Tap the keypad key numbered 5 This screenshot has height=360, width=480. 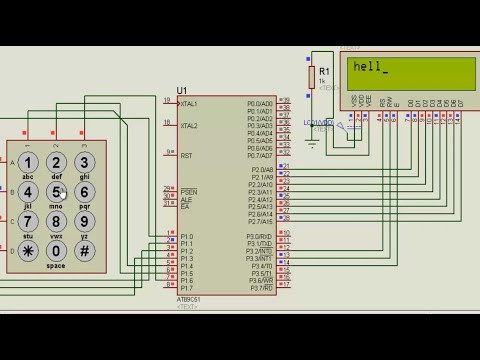point(57,191)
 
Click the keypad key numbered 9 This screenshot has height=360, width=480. point(85,221)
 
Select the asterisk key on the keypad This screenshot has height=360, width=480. point(28,250)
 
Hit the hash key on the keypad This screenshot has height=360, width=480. point(85,250)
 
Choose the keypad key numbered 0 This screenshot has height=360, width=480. point(57,250)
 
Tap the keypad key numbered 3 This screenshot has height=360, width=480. point(85,162)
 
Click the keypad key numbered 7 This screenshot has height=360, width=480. point(28,221)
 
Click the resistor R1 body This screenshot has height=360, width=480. point(311,76)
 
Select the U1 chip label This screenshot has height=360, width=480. point(182,91)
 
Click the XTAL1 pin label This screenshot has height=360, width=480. point(189,103)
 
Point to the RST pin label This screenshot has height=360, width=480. point(186,156)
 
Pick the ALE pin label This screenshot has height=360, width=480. point(186,199)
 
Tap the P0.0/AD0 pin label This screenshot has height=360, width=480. point(260,103)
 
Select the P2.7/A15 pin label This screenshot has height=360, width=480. point(260,221)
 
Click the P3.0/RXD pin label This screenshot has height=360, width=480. point(260,236)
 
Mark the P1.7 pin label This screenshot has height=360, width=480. point(186,288)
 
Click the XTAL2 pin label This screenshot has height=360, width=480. point(189,126)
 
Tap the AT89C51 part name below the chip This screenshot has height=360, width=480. point(188,299)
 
